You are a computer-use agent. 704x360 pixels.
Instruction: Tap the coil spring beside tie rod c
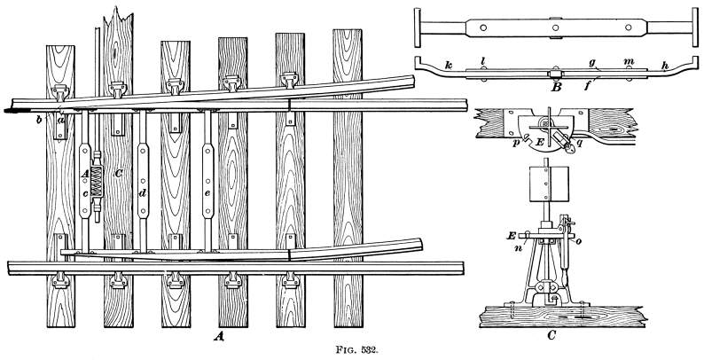tap(97, 182)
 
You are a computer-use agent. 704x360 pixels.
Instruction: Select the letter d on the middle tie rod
tap(144, 194)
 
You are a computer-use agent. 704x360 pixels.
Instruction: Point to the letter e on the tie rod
tap(207, 193)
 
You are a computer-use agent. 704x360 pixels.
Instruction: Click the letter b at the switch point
tap(39, 120)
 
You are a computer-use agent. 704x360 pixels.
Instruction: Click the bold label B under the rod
tap(556, 87)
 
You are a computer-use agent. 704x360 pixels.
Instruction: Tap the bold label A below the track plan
tap(219, 336)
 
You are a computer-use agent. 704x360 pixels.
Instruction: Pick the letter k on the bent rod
tap(448, 64)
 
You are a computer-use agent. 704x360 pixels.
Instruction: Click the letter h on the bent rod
tap(665, 65)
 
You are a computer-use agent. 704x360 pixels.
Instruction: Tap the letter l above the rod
tap(482, 60)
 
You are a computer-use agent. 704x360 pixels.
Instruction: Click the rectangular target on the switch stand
tap(546, 184)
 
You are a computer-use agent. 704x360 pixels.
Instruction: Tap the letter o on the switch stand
tap(571, 242)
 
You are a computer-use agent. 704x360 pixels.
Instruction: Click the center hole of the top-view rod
tap(555, 27)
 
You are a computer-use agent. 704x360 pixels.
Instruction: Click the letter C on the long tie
tap(118, 173)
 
